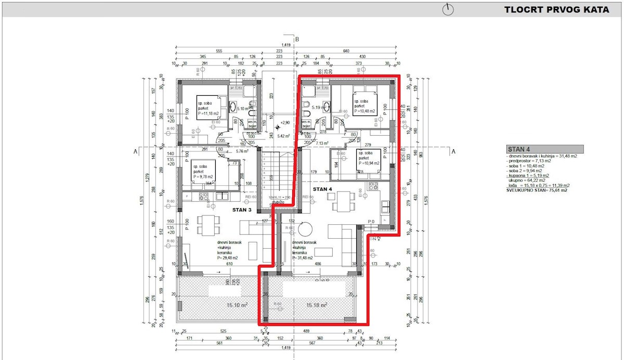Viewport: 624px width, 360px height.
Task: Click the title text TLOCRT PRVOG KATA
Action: [556, 9]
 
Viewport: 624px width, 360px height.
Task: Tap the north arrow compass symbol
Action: [448, 9]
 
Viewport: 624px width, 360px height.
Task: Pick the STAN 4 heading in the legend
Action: [520, 148]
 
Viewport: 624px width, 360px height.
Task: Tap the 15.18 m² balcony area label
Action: [316, 305]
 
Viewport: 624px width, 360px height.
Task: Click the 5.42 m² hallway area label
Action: [284, 136]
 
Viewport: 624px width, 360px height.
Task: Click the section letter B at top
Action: [297, 39]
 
